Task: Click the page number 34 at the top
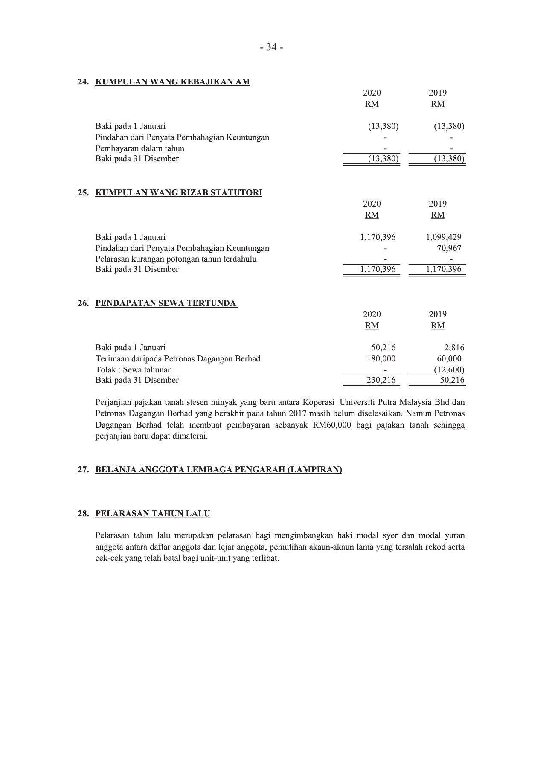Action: (271, 47)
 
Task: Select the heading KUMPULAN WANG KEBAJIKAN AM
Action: (172, 81)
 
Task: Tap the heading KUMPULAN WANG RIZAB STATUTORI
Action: (178, 192)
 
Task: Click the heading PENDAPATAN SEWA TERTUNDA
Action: (166, 303)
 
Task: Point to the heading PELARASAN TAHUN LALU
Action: (152, 513)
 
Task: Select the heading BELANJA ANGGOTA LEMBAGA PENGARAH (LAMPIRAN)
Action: (218, 470)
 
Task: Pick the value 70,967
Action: (449, 248)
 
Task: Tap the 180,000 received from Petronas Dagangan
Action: (381, 358)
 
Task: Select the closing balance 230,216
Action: (381, 380)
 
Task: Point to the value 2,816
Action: (454, 347)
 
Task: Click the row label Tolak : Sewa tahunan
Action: (134, 369)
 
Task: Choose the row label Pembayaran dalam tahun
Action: (139, 148)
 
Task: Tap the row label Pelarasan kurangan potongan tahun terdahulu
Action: (176, 259)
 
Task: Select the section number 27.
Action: (83, 470)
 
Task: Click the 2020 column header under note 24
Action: (372, 93)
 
